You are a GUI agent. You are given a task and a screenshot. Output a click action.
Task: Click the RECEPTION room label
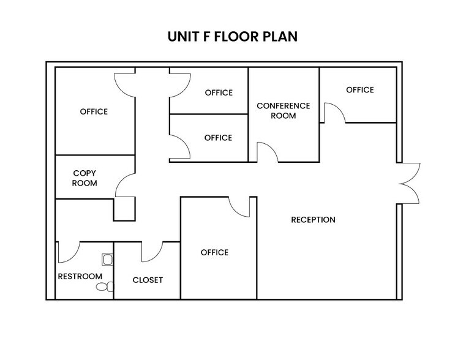[313, 220]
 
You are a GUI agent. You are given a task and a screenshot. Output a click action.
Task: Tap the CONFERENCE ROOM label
[283, 110]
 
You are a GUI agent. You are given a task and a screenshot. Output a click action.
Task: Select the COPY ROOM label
[85, 178]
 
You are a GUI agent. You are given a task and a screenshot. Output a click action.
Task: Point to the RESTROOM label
[80, 276]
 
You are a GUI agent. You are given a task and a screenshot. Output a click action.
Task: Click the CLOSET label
[148, 280]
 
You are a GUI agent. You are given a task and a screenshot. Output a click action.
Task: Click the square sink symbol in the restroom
[108, 260]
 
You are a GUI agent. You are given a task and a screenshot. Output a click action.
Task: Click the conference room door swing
[267, 152]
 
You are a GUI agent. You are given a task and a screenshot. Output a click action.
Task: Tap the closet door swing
[151, 250]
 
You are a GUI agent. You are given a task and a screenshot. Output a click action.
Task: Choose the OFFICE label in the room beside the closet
[214, 252]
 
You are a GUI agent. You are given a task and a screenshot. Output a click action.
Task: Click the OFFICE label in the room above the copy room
[94, 111]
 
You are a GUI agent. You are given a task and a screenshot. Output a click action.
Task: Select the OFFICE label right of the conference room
[359, 90]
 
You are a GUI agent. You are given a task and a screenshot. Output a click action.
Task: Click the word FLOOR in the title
[231, 37]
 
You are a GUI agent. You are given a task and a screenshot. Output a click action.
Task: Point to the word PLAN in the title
[280, 37]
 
